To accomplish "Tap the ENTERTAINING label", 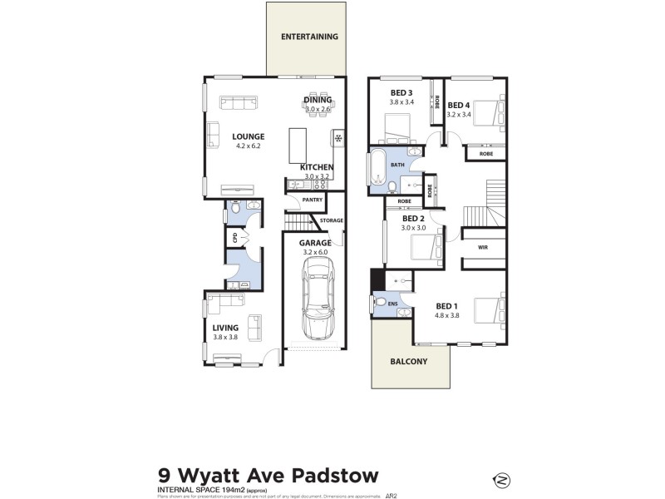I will tap(309, 37).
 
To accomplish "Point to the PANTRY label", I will tap(313, 200).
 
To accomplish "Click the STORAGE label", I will tap(332, 220).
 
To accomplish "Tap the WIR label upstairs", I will tap(482, 248).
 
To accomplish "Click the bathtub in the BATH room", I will tap(377, 171).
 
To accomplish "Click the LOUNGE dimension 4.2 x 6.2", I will tap(248, 147).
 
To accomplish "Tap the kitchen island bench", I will tap(298, 146).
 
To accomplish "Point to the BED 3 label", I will tap(401, 92).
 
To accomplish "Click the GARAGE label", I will tap(315, 243).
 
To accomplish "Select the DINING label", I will tap(318, 100).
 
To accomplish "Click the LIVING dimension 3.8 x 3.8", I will tap(226, 337).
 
